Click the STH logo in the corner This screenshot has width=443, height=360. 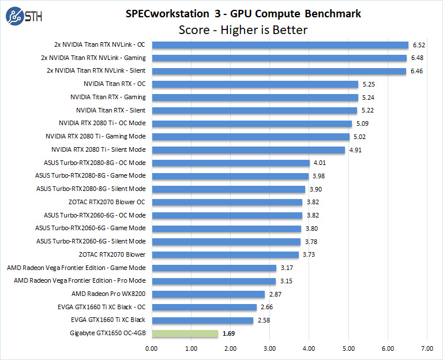pos(21,18)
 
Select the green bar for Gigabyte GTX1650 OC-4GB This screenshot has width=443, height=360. pos(185,333)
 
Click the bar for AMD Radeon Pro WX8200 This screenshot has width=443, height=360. pos(208,294)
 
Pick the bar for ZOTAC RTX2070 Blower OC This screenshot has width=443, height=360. pos(227,202)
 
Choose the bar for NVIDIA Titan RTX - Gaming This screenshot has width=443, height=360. pos(254,97)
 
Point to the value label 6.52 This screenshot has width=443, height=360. pos(418,44)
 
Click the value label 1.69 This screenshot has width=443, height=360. pos(229,333)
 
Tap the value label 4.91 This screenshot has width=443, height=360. pos(355,149)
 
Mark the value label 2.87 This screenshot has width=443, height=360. pos(275,294)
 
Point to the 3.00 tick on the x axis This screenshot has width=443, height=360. pos(269,348)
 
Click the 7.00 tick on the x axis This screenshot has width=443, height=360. pos(427,348)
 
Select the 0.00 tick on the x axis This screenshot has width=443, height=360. pos(152,348)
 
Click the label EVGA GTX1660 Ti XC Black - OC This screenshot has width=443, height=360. pos(101,307)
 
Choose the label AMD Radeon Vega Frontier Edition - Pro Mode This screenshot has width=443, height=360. pos(80,281)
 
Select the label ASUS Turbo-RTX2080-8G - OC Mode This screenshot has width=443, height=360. pos(91,163)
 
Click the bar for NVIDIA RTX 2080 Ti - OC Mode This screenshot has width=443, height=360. pos(251,123)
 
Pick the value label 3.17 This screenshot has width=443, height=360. pos(287,268)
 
